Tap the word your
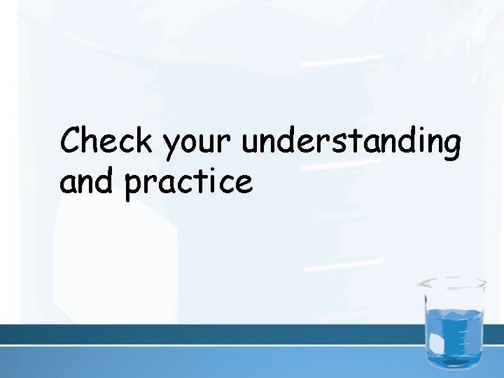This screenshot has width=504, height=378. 198,143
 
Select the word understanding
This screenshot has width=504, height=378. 351,142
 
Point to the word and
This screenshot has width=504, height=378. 87,181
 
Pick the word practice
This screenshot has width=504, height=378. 188,183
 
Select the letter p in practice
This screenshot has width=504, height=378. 134,186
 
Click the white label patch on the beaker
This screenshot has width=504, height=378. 435,343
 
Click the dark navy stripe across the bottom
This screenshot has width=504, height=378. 210,334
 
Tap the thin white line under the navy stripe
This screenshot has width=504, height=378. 210,346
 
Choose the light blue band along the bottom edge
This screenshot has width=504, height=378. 210,363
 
